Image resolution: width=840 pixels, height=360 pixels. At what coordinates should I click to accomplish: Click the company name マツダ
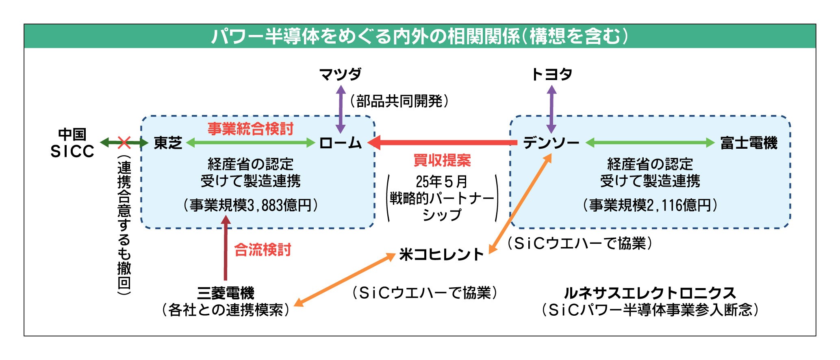(x=340, y=74)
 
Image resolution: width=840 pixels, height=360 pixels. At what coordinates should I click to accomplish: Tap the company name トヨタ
(x=551, y=74)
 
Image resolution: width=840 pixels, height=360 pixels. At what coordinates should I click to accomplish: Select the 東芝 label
(x=168, y=143)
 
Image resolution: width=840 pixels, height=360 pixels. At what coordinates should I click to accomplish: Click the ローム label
(x=340, y=143)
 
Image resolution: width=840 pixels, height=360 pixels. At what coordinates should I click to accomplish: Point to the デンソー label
(x=551, y=143)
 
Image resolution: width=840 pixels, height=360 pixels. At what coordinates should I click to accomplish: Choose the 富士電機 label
(x=749, y=143)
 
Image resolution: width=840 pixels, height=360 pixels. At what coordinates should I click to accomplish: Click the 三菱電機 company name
(x=226, y=293)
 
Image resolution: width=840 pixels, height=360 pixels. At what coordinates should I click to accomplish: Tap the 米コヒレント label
(x=441, y=254)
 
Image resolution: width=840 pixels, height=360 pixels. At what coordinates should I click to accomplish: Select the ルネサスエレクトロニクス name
(x=649, y=293)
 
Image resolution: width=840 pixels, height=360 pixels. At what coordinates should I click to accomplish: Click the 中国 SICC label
(x=72, y=143)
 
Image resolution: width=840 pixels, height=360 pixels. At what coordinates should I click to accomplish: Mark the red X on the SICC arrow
(x=124, y=143)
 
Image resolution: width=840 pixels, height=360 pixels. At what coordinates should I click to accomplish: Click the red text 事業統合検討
(x=250, y=129)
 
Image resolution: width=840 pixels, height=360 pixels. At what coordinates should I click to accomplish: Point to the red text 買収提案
(x=442, y=160)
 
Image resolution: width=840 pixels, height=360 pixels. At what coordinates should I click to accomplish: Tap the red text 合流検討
(x=263, y=250)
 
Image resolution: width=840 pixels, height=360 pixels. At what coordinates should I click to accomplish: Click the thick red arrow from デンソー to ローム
(x=443, y=143)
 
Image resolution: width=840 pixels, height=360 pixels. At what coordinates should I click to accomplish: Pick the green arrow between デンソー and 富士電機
(x=650, y=143)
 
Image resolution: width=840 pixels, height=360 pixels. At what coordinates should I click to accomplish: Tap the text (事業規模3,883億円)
(x=250, y=205)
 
